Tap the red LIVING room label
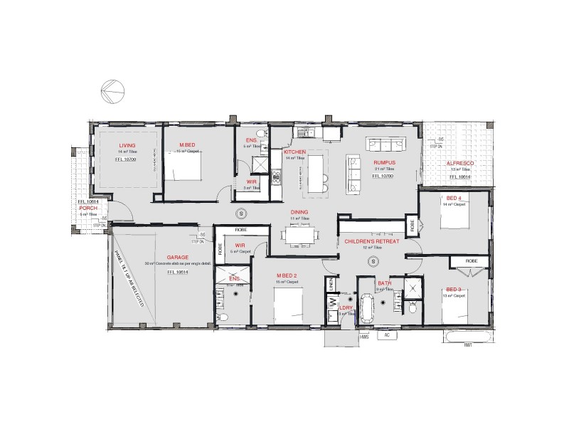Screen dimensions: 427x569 (127, 144)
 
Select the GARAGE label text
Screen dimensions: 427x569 (177, 257)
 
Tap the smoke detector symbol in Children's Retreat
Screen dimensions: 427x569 (371, 262)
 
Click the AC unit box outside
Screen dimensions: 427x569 (387, 335)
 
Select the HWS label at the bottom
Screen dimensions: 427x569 (364, 336)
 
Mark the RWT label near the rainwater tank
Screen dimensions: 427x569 (468, 345)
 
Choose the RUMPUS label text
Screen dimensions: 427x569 (384, 163)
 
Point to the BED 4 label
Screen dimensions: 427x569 (453, 197)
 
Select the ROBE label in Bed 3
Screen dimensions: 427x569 (472, 262)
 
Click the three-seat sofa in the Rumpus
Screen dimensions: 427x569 (383, 144)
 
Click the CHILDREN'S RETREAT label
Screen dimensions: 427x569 (372, 242)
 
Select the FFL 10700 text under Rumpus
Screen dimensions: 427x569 (384, 174)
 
